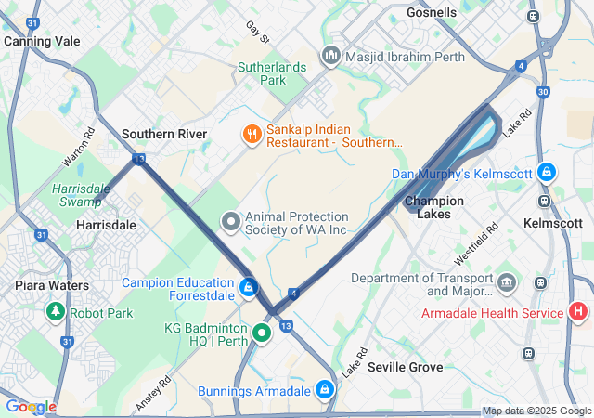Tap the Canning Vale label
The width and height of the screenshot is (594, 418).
(42, 42)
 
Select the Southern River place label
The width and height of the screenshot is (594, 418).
(164, 134)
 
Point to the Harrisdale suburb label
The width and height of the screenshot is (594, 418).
(106, 225)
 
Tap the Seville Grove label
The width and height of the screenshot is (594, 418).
(405, 367)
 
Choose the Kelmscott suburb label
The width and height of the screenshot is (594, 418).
(552, 224)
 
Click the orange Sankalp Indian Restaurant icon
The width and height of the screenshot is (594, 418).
(251, 136)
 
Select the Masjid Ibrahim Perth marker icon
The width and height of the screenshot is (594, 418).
(330, 57)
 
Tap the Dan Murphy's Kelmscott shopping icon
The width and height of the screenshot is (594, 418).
(548, 173)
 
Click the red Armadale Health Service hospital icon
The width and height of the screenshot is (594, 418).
(579, 312)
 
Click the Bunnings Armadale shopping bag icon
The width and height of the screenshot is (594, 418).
(325, 390)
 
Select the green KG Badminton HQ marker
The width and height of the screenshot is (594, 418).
(262, 332)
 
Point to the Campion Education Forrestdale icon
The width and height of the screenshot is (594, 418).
(248, 288)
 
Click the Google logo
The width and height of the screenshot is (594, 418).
(31, 406)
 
